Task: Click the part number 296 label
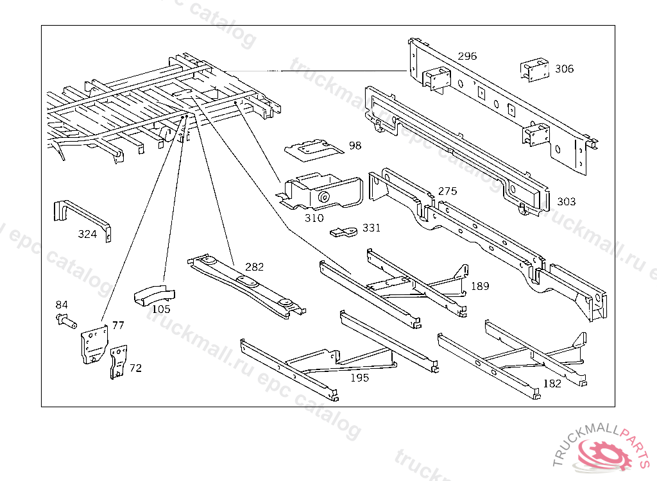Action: pos(467,56)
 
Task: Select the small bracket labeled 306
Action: pos(534,70)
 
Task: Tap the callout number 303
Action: pos(566,201)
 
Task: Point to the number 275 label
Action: pos(447,191)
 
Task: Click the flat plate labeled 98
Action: pos(312,149)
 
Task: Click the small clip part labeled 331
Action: pos(345,231)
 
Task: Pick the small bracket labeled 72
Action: pos(118,362)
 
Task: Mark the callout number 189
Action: pos(480,286)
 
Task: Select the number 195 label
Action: pos(359,378)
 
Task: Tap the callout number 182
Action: pos(552,384)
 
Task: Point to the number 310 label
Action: pos(314,218)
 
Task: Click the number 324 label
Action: pos(87,234)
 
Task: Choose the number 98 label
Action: pos(355,146)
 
